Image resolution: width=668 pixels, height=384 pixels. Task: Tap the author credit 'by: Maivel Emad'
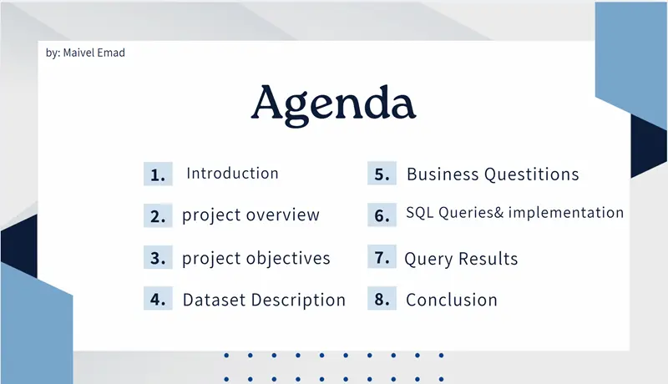coord(86,53)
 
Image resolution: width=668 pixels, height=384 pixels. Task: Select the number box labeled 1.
coord(158,174)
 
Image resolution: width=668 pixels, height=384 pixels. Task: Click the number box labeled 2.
coord(158,216)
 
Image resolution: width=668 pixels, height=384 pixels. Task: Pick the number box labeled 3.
coord(158,258)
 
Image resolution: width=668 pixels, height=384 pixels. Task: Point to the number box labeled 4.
coord(158,300)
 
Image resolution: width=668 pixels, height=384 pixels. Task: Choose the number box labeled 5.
coord(382,174)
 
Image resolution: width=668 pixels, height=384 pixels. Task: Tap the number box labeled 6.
coord(382,215)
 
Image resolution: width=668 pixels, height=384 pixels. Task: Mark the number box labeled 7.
coord(382,257)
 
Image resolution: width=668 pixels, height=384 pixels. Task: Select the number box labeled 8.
coord(382,299)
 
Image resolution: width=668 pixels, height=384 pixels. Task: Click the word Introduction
coord(232,174)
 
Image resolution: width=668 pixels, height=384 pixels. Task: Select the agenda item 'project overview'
coord(250,215)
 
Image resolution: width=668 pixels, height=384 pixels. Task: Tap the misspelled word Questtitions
coord(530,174)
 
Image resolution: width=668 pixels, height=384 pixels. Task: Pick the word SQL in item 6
coord(420,213)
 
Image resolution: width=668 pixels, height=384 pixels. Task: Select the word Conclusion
coord(451,300)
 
